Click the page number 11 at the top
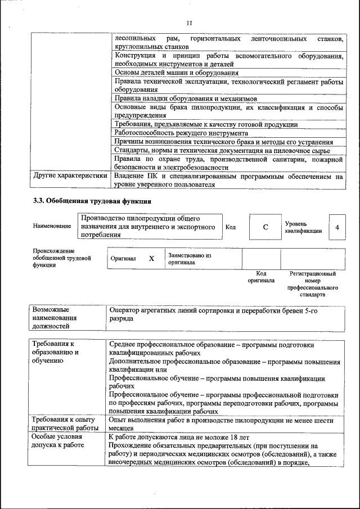[x=189, y=22]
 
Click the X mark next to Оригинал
[x=151, y=259]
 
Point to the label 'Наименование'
[x=52, y=227]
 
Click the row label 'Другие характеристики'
[x=70, y=175]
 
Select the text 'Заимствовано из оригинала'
[x=190, y=259]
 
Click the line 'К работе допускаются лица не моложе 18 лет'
[x=178, y=437]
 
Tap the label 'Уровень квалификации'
[x=303, y=227]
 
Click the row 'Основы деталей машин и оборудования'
[x=174, y=73]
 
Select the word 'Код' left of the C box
[x=230, y=227]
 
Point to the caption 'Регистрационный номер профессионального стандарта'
[x=312, y=283]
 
